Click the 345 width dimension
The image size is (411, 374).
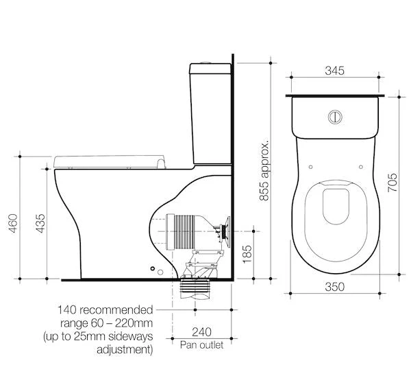pyautogui.click(x=334, y=71)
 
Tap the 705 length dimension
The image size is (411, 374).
pyautogui.click(x=392, y=180)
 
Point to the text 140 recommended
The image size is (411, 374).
pyautogui.click(x=105, y=309)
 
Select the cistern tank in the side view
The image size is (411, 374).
pyautogui.click(x=211, y=113)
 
